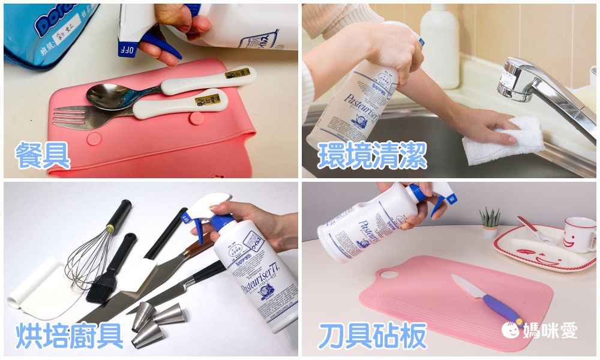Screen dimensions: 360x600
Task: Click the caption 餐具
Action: (43, 154)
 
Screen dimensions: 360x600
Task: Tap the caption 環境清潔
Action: (372, 154)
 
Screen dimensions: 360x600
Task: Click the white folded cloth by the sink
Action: (504, 141)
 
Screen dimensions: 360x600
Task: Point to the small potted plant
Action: (490, 223)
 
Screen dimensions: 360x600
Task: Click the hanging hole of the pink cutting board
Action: (389, 274)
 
